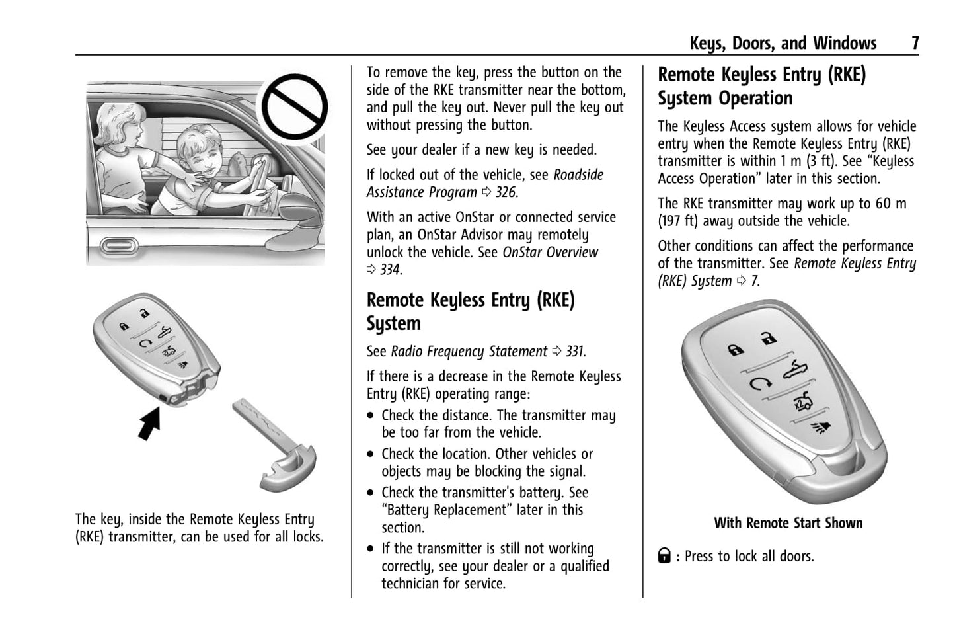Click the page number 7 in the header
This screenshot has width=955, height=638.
pyautogui.click(x=915, y=43)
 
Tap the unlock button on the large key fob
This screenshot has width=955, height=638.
pyautogui.click(x=767, y=338)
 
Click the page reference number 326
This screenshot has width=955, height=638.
pyautogui.click(x=506, y=192)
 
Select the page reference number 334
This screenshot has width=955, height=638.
pyautogui.click(x=390, y=270)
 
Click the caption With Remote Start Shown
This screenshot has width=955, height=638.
pyautogui.click(x=788, y=523)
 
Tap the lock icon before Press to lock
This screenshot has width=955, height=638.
pyautogui.click(x=664, y=556)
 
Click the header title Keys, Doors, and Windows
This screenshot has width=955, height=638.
pyautogui.click(x=783, y=43)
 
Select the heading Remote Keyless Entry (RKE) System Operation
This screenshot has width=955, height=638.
pyautogui.click(x=761, y=86)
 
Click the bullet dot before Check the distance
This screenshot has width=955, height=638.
pyautogui.click(x=371, y=416)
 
